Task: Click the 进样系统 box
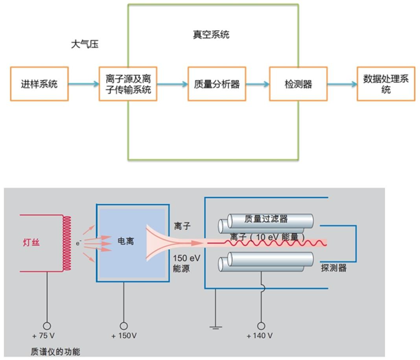(x=40, y=84)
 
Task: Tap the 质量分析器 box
(x=216, y=84)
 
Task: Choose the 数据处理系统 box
(x=386, y=84)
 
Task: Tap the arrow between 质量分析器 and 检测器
(x=257, y=84)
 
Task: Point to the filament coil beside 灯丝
(x=66, y=242)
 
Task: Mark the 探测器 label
(x=334, y=269)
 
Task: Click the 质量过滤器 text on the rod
(x=267, y=219)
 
